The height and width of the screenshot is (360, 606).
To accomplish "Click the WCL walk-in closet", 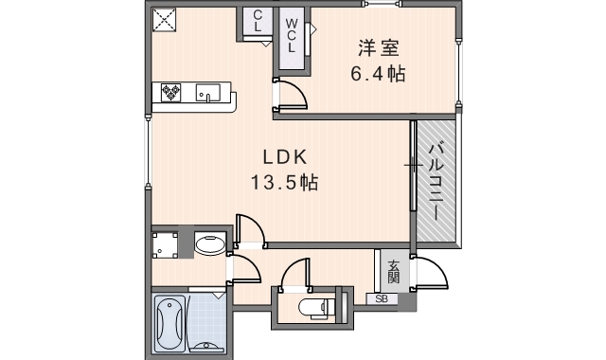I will point(292,36).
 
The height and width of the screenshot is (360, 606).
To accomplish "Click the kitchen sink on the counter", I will point(208,92).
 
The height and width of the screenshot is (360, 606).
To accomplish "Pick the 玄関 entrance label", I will point(393,271).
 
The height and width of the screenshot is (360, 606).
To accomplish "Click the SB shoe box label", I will point(382,299).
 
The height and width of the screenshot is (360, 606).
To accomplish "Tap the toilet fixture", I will point(313,307).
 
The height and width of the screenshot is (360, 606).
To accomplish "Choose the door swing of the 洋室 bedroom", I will point(290,96).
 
